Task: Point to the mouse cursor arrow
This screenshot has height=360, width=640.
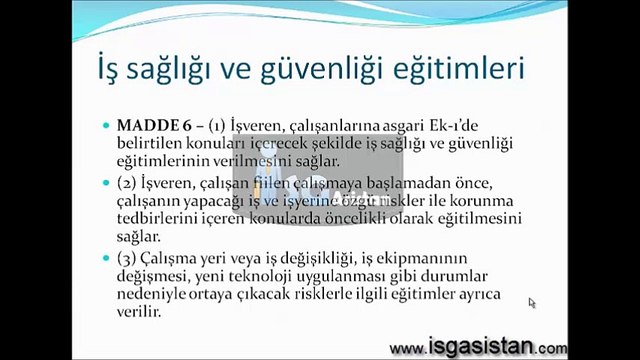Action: [532, 303]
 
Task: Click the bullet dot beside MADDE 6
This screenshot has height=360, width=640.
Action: [106, 126]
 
